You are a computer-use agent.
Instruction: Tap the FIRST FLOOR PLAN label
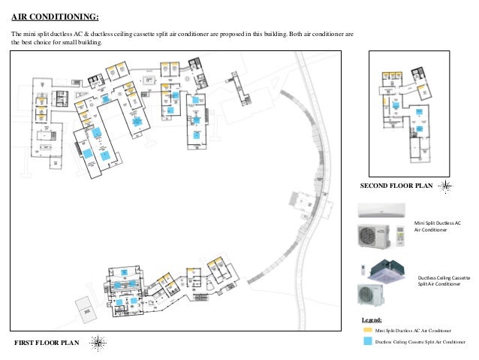(47, 343)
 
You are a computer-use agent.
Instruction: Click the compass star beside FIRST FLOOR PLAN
(98, 343)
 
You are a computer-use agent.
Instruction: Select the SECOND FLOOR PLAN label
(396, 186)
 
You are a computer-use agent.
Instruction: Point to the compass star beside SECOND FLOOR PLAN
(446, 185)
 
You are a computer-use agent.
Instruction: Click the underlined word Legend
(372, 320)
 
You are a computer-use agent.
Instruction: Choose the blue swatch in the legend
(367, 341)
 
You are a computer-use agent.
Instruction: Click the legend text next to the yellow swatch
(413, 331)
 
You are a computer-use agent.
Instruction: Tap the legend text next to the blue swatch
(420, 341)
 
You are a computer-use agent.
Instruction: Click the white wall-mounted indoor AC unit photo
(381, 210)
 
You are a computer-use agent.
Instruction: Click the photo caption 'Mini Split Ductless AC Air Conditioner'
(437, 227)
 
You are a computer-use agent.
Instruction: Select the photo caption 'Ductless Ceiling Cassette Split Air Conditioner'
(443, 281)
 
